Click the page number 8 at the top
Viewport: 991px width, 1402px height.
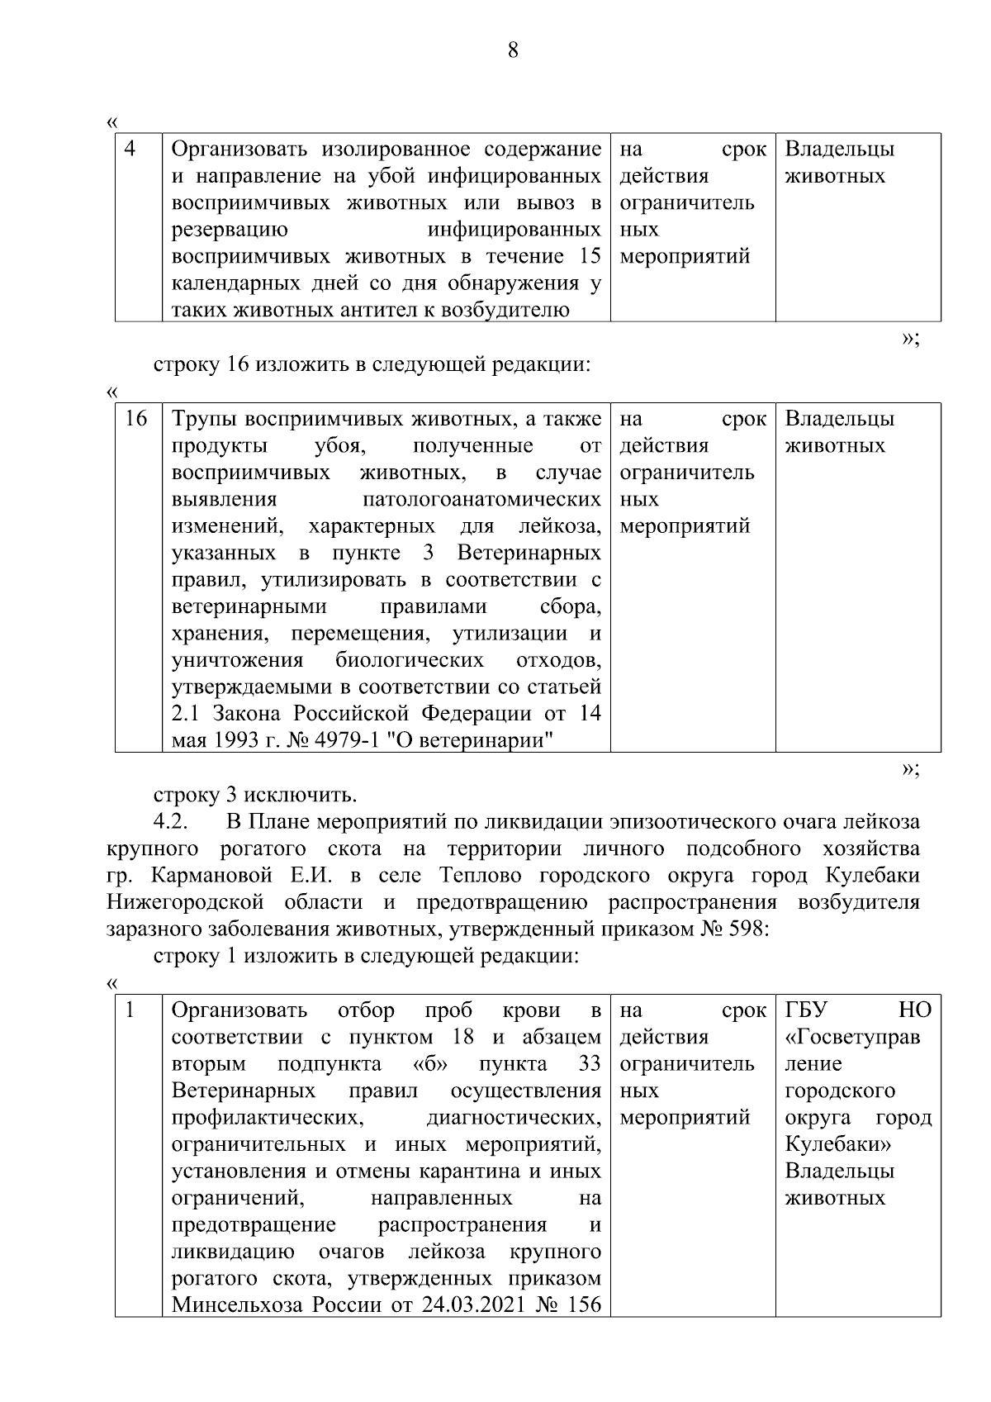[x=512, y=50]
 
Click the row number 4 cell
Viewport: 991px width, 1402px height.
[x=130, y=150]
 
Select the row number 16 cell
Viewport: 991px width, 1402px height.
[x=136, y=419]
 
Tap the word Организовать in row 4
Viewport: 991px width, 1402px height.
[x=240, y=150]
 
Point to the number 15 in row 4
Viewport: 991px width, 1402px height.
[x=590, y=256]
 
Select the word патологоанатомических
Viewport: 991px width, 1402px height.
[x=481, y=499]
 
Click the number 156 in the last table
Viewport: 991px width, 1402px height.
[x=584, y=1305]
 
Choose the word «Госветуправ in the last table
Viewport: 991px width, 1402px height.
[x=852, y=1037]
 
